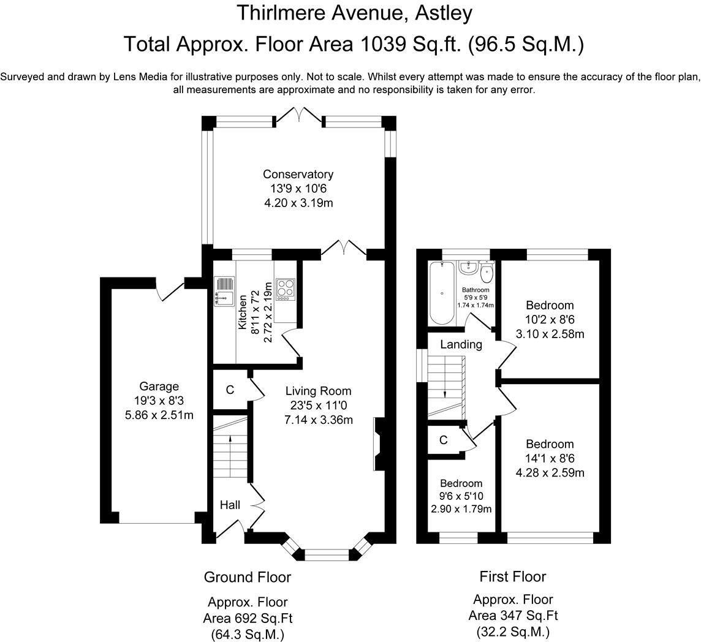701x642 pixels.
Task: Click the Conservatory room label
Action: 298,174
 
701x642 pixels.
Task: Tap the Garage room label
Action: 159,387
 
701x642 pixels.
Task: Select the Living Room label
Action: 318,391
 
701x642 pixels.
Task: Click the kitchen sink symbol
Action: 224,292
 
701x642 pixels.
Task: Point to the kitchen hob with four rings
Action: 285,289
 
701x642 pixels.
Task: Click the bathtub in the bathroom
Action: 442,293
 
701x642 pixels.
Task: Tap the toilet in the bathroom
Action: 487,270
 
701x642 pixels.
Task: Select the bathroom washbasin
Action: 468,268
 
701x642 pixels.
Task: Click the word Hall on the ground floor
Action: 230,505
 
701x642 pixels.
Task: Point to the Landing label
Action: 461,344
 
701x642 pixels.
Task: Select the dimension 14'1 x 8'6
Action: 550,458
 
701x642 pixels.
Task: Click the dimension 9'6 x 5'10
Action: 461,496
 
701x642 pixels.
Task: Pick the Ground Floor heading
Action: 247,577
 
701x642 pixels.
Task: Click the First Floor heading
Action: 513,576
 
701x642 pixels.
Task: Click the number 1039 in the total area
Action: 381,44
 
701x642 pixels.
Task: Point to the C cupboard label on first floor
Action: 443,440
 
